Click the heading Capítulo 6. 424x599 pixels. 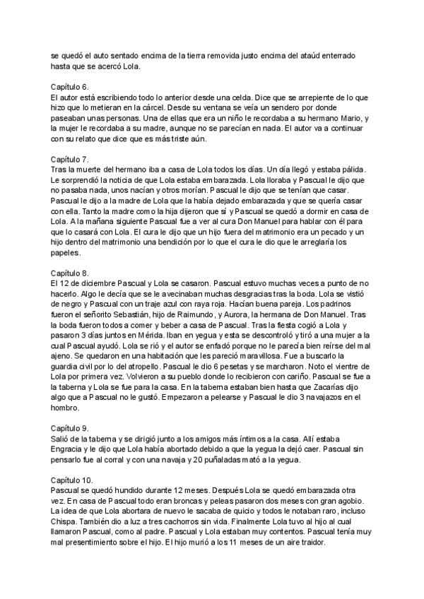(69, 86)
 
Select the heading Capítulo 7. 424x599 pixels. (69, 160)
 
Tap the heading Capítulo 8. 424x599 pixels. (69, 272)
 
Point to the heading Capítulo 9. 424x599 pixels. (69, 428)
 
